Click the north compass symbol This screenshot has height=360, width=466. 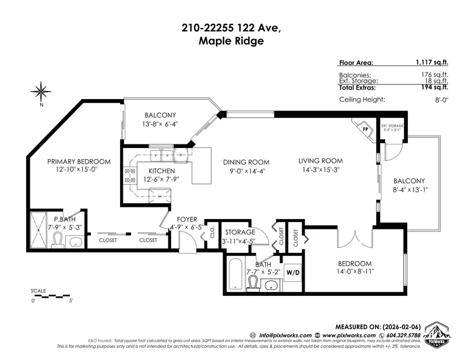[x=41, y=91]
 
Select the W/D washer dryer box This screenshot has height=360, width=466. [x=293, y=272]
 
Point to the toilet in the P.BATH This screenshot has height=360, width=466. [x=58, y=241]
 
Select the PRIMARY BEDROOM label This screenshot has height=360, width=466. [x=79, y=161]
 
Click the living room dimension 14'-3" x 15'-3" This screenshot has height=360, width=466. [x=320, y=170]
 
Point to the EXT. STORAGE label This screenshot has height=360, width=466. [x=392, y=126]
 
